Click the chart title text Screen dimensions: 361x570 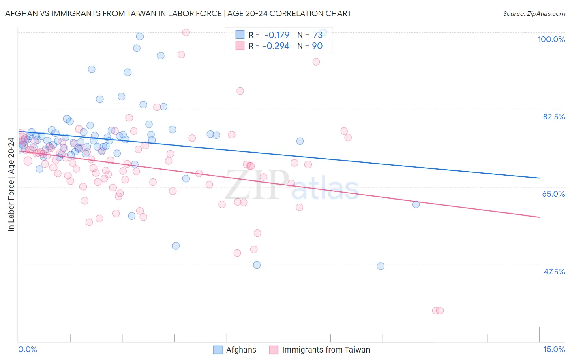(x=178, y=13)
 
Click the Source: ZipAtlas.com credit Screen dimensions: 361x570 (x=534, y=14)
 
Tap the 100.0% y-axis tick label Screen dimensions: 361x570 (x=551, y=39)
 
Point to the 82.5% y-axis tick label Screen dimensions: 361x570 (x=554, y=117)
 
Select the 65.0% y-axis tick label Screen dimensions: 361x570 (x=553, y=194)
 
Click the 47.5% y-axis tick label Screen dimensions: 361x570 (x=554, y=272)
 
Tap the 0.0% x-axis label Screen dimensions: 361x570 (x=28, y=349)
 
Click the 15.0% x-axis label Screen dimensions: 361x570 (x=554, y=349)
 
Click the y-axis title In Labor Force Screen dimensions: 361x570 (x=11, y=185)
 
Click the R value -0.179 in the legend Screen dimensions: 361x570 (x=276, y=35)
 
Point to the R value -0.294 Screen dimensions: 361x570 (x=276, y=46)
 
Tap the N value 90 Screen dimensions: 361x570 (x=317, y=46)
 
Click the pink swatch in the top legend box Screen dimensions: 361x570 (x=240, y=46)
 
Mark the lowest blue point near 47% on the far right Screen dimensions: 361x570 (x=380, y=266)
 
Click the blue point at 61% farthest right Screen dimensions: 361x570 (x=416, y=204)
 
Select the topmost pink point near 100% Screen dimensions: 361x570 (x=186, y=32)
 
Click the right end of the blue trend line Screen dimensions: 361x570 (x=539, y=178)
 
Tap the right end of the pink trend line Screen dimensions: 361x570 (x=539, y=217)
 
